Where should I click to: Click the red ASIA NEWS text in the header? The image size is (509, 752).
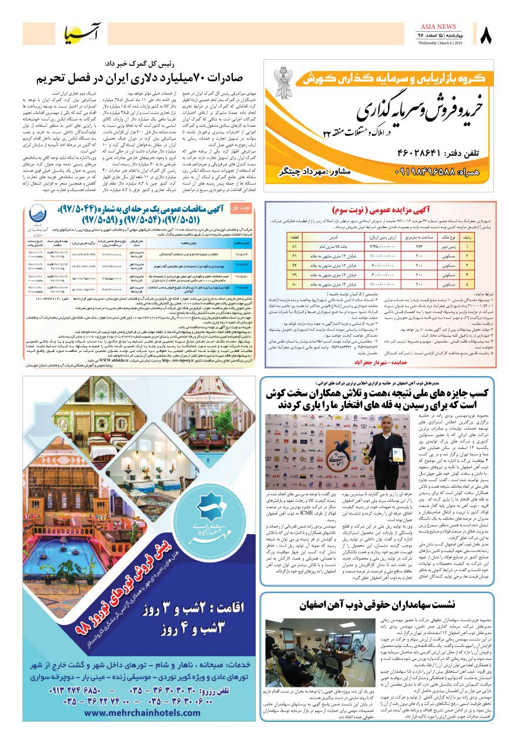coord(438,26)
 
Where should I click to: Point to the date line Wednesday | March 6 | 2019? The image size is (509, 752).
coord(441,43)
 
